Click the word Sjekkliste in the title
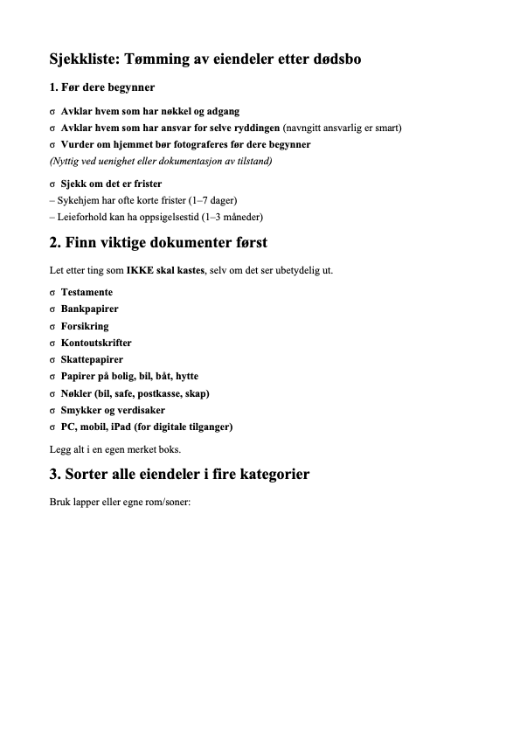click(85, 59)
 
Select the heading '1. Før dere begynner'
click(102, 88)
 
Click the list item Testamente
click(87, 292)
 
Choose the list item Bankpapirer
click(90, 309)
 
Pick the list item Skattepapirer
click(92, 359)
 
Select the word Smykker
click(80, 410)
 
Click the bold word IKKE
click(141, 270)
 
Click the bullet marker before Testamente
click(53, 292)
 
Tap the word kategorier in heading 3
click(266, 476)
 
